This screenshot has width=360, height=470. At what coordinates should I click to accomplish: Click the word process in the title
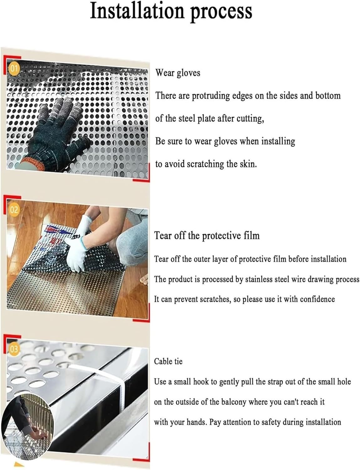coord(221,12)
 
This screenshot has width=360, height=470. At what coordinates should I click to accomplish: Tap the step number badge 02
coord(14,210)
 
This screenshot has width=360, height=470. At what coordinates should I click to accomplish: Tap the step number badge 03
coord(14,349)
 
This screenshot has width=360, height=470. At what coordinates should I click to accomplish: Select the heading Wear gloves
coord(178,73)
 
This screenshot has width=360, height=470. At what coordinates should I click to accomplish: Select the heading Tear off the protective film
coord(207,235)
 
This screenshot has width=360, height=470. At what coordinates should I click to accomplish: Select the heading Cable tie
coord(168,361)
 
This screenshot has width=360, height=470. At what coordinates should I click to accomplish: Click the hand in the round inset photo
coord(39,435)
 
